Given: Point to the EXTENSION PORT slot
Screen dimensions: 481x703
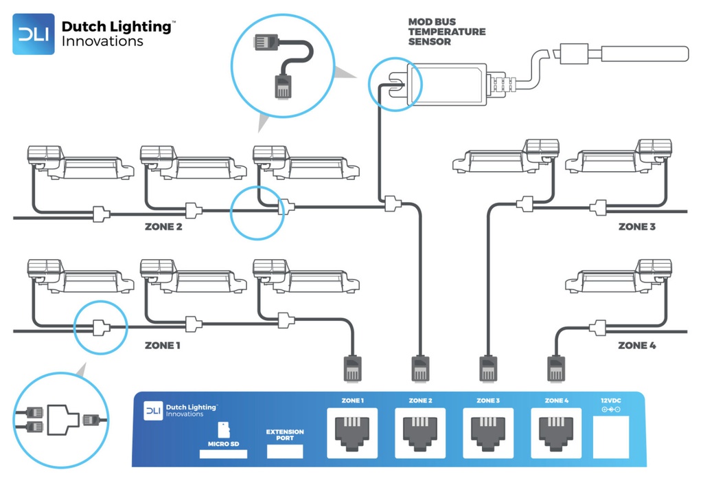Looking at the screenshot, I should click(x=284, y=451).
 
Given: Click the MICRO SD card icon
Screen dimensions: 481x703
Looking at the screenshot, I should click(x=224, y=430).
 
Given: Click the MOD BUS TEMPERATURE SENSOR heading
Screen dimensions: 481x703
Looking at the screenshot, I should click(x=446, y=32).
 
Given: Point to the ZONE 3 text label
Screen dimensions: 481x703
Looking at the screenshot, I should click(x=638, y=226).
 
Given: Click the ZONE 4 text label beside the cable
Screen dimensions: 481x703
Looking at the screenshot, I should click(x=636, y=345).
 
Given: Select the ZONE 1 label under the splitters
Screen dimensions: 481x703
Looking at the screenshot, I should click(x=163, y=345).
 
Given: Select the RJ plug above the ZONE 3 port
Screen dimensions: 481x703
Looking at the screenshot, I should click(x=488, y=369).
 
